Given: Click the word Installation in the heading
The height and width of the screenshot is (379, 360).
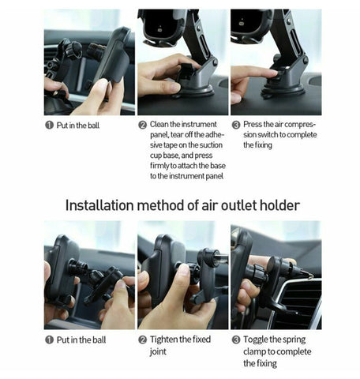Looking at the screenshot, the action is coord(99,205).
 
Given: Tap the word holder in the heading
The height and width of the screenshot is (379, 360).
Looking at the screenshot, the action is coord(279,205).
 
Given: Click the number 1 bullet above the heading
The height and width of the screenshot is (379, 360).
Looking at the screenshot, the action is coord(49,125).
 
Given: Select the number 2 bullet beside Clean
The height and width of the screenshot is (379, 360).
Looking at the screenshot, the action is coord(142,125).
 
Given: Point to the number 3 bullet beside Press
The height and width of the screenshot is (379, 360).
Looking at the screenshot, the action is coord(236,125).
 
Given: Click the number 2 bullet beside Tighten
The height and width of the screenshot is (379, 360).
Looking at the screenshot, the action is coord(142,340).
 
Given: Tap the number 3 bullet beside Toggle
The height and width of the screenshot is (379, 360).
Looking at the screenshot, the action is coord(236,340).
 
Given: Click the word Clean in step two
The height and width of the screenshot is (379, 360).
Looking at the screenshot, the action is coord(159,124).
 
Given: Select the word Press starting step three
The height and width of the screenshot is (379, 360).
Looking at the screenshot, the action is coord(253,124).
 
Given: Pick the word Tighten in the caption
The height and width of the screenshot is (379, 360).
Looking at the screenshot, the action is coord(164,340).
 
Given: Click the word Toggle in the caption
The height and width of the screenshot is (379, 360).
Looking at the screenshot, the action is coord(257,340).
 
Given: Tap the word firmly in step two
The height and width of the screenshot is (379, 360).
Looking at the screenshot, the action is coord(159,166).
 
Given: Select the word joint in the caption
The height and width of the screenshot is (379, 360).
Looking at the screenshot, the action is coord(158,352).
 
